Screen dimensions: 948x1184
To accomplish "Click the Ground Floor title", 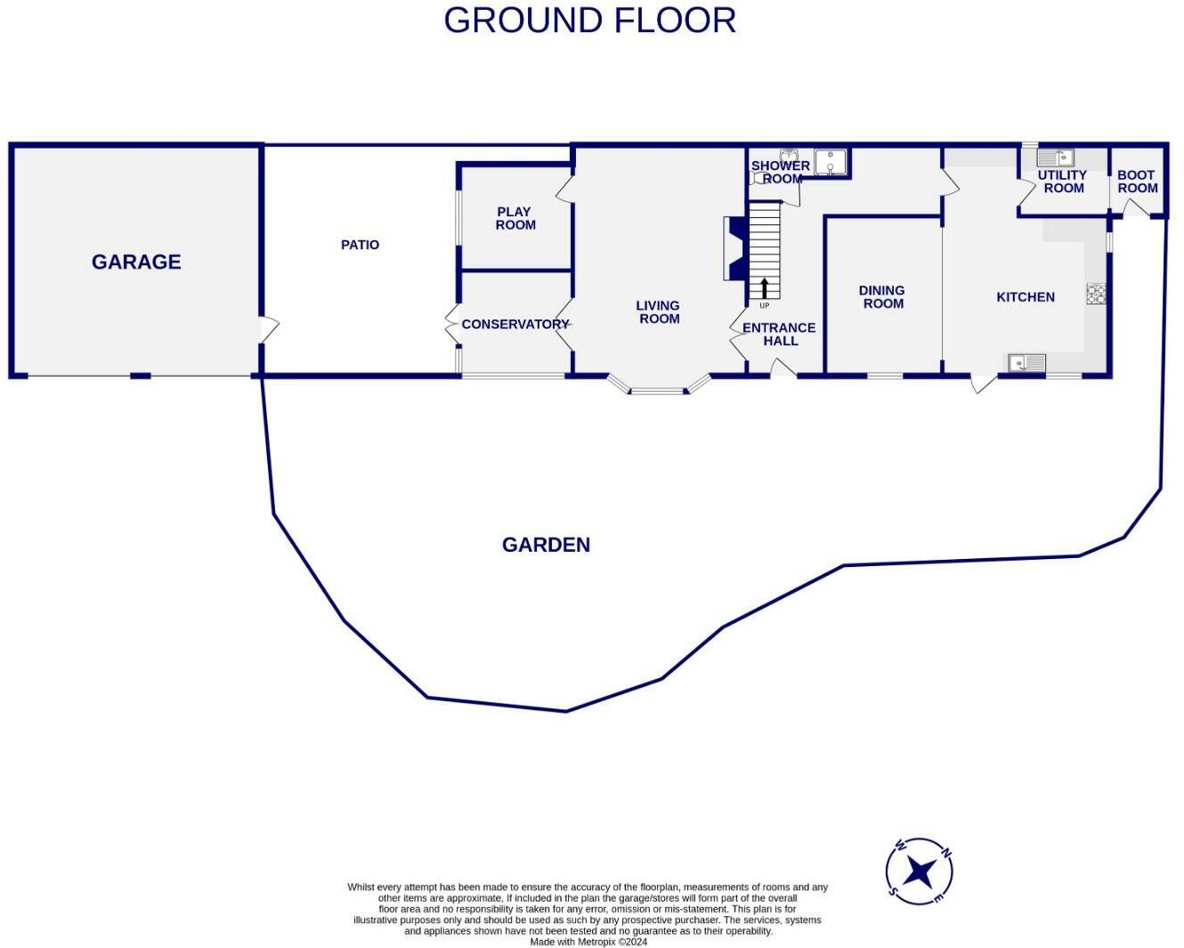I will (589, 20).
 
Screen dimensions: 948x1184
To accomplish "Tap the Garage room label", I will (136, 262).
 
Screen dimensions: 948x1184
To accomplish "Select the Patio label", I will (360, 245).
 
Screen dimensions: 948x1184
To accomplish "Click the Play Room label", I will (515, 218).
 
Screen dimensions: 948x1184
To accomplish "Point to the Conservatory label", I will (515, 324).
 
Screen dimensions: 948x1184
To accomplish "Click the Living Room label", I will (659, 312).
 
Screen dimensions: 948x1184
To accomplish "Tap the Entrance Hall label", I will (779, 334).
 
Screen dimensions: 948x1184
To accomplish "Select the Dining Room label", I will (882, 296).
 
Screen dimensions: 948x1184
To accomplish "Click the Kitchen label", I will (1025, 297).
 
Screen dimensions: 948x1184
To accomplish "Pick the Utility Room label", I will (1063, 182).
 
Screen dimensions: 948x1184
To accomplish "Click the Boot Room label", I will (1137, 182).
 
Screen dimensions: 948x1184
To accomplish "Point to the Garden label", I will (546, 545).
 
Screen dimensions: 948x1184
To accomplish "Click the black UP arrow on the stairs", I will (764, 288).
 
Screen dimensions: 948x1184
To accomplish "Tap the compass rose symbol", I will (920, 871).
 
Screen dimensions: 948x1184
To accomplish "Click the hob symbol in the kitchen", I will (1096, 294).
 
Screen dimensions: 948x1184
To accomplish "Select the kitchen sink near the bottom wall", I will (1026, 363).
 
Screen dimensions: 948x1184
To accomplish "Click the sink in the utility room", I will (1055, 158).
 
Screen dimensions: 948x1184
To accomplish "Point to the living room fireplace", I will (734, 249).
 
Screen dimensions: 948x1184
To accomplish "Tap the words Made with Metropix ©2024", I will (588, 941).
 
